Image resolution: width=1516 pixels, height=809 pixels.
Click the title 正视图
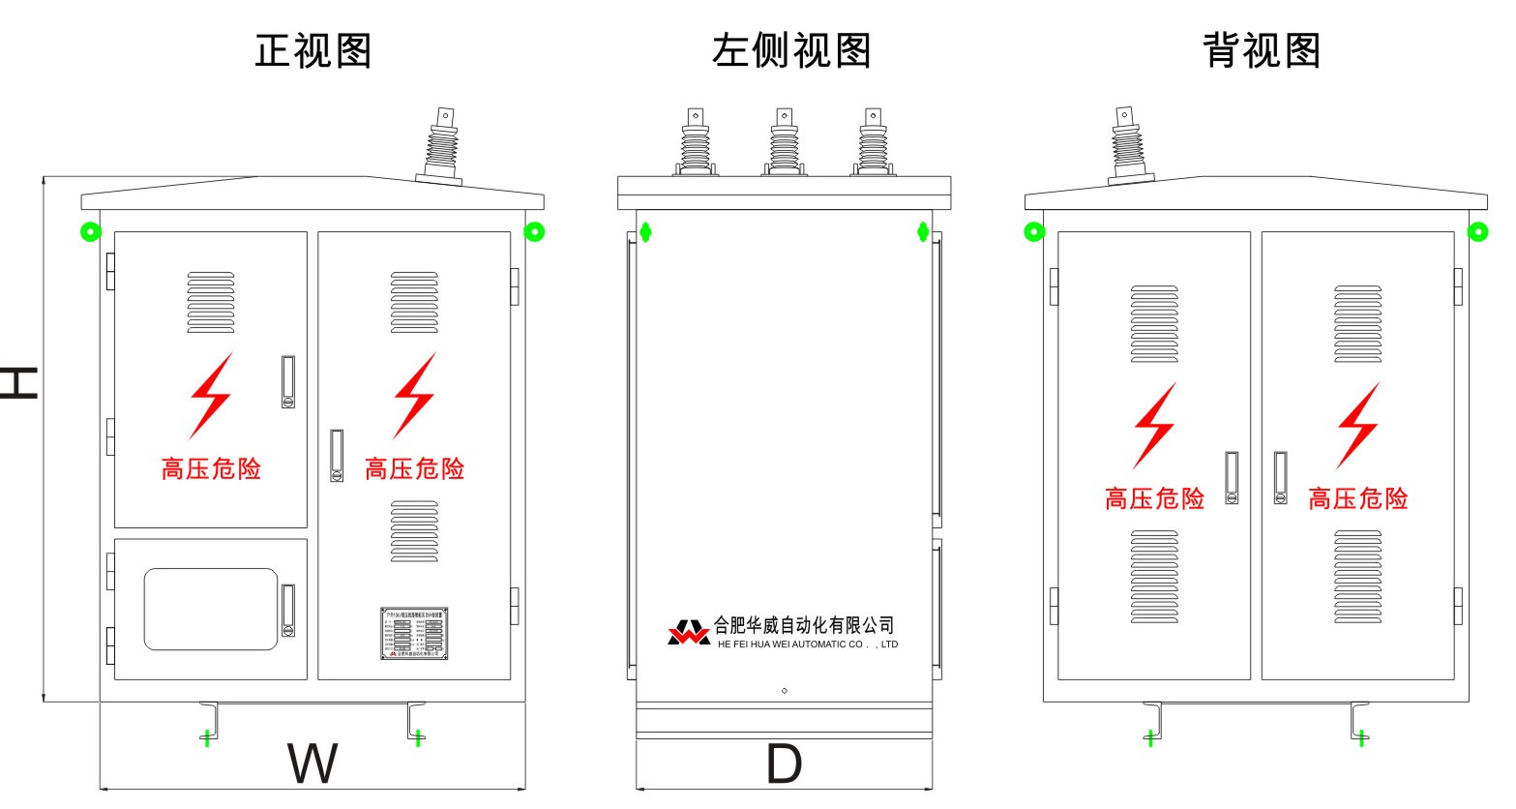click(313, 50)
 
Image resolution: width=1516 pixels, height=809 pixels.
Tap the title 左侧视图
click(791, 50)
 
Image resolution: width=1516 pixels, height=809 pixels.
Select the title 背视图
click(1262, 50)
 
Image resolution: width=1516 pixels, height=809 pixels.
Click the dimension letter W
click(312, 764)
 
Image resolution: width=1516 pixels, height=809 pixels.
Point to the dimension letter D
click(784, 764)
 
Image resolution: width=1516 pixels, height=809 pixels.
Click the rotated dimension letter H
click(18, 383)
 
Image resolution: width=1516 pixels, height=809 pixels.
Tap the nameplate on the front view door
click(414, 634)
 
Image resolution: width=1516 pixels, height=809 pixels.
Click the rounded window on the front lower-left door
click(211, 609)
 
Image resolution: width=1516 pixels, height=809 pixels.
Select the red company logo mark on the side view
click(688, 633)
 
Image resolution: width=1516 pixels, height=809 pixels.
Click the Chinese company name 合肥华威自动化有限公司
click(804, 625)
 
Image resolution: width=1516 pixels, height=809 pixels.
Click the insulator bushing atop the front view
click(442, 145)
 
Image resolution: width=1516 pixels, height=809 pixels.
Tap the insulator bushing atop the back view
click(1127, 145)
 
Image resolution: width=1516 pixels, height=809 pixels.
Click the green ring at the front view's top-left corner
click(90, 232)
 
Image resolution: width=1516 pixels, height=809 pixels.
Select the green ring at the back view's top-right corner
click(1477, 231)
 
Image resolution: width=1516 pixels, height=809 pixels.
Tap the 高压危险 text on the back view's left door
click(1154, 498)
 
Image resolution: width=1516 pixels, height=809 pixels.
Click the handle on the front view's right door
click(337, 456)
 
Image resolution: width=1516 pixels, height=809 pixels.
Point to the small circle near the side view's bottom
click(784, 691)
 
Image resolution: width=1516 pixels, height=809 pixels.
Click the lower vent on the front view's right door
click(414, 531)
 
